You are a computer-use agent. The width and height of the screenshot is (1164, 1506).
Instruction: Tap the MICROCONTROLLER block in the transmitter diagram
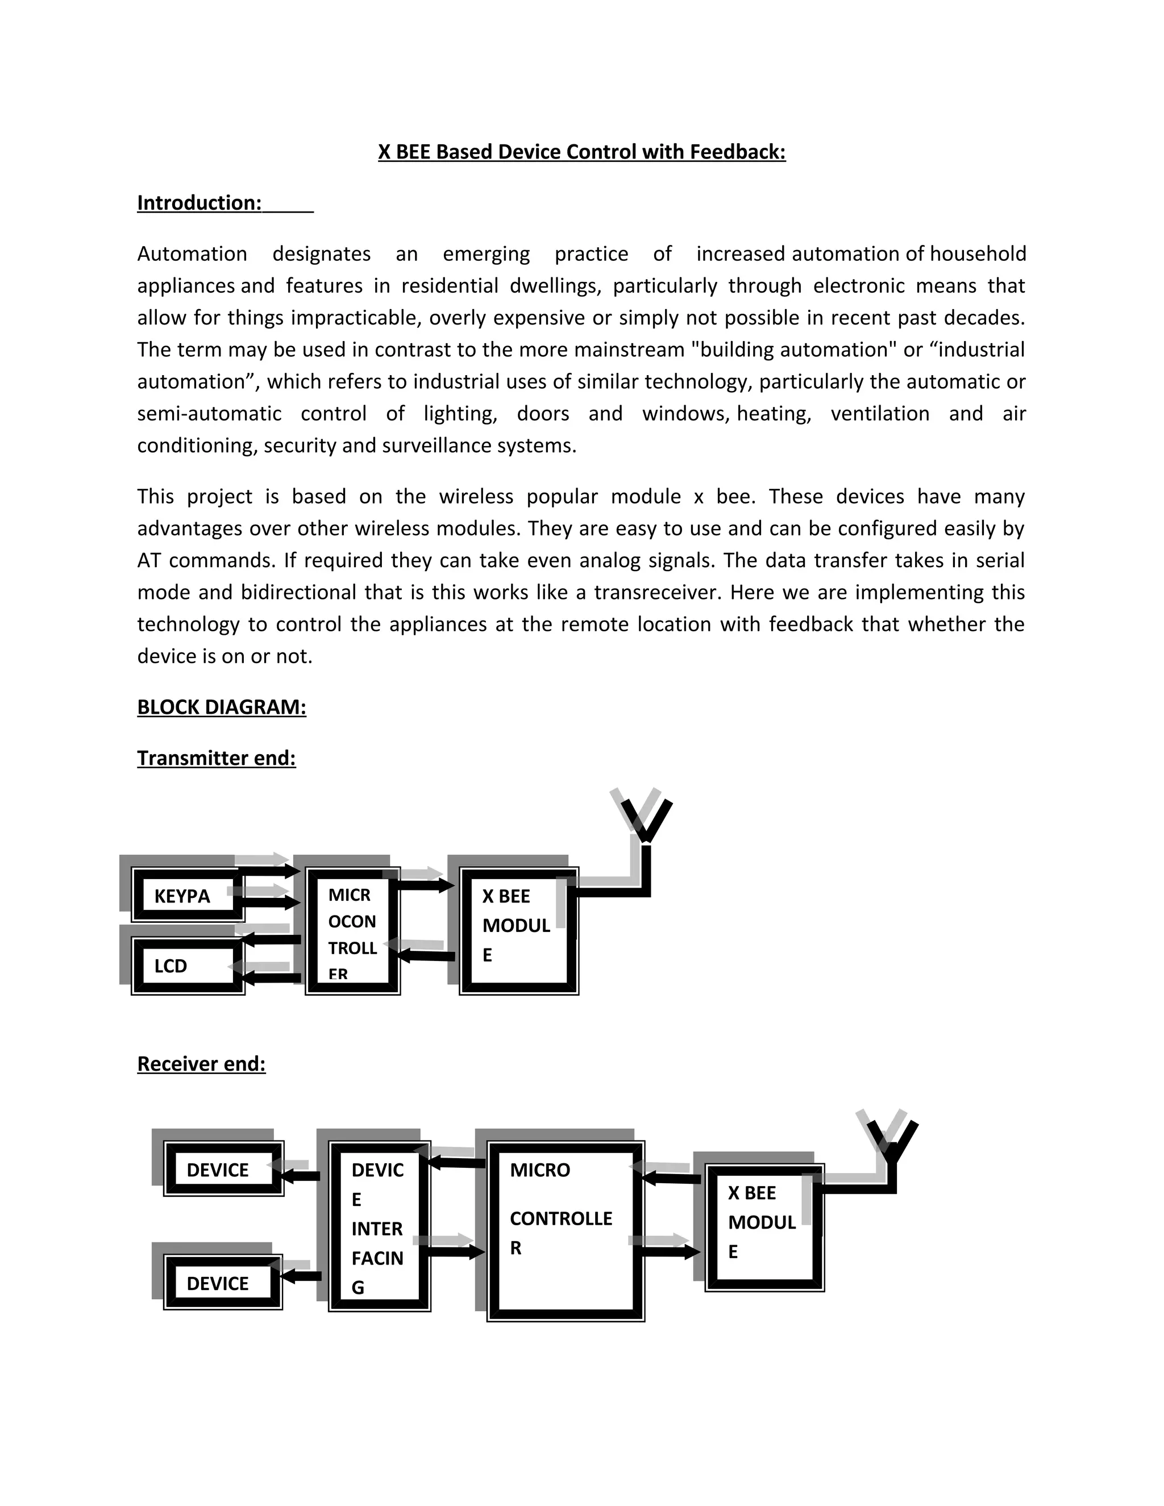point(352,931)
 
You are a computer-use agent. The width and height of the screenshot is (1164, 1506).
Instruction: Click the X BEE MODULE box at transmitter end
point(518,931)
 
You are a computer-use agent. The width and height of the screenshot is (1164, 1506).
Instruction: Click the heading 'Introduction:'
point(199,203)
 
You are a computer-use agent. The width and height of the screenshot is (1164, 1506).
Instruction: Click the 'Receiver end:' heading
point(201,1064)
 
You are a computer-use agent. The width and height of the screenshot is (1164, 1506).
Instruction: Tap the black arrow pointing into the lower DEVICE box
point(301,1276)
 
